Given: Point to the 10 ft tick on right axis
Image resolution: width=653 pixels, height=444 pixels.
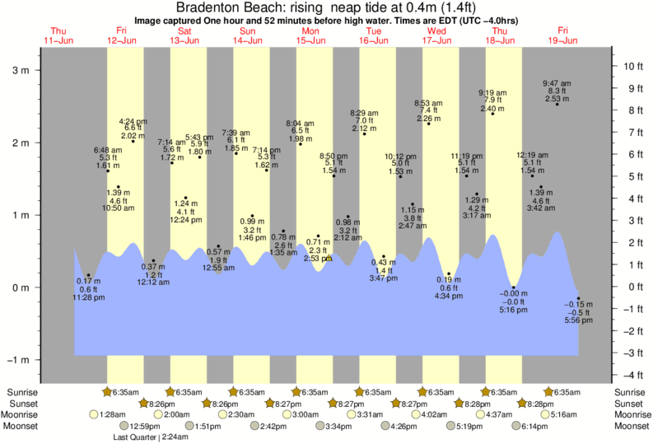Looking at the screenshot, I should [x=613, y=66].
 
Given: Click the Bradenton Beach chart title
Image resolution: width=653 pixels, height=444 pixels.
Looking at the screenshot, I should [x=325, y=7].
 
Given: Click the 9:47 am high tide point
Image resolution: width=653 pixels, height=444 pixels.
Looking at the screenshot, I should [x=557, y=104].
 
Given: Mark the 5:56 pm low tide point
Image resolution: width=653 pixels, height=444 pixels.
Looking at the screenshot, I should [x=579, y=298].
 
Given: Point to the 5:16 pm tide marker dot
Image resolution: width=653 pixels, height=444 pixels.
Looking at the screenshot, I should [x=513, y=287].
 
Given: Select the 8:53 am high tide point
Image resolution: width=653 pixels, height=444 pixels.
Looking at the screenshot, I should [x=429, y=124].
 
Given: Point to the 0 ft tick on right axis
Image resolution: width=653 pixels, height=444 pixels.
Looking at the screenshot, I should [x=613, y=287].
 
